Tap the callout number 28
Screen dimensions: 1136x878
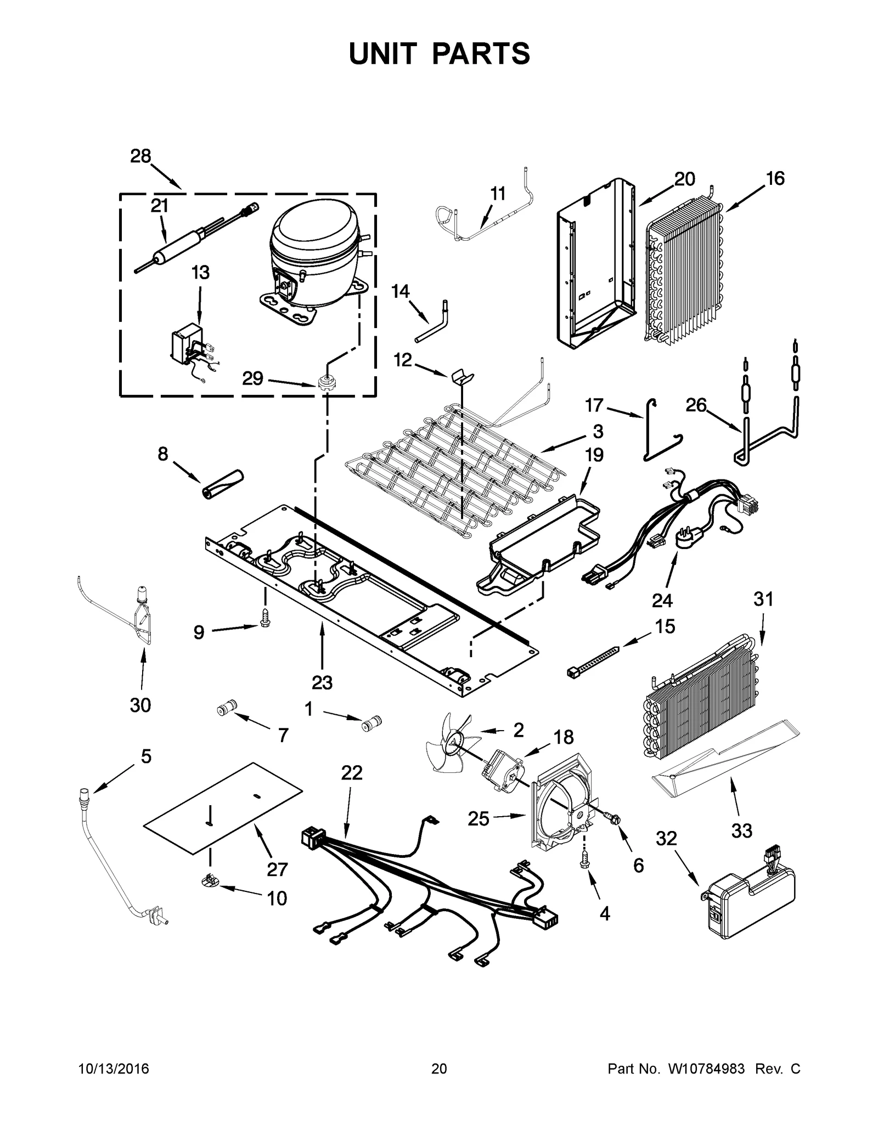point(140,156)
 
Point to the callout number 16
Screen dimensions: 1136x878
point(775,178)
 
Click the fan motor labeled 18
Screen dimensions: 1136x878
point(500,772)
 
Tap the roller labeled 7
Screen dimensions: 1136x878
point(226,708)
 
